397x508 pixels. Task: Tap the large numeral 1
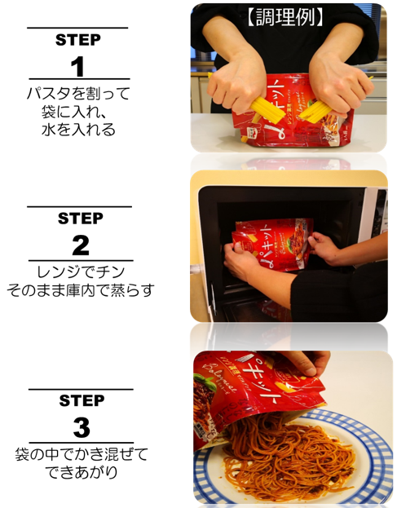coord(78,66)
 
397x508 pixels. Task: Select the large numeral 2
coord(80,245)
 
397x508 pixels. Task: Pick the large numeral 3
coord(80,427)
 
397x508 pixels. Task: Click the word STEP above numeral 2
coord(80,219)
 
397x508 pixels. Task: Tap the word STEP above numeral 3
coord(81,401)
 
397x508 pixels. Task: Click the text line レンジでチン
coord(80,271)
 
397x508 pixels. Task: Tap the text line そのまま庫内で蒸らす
coord(80,289)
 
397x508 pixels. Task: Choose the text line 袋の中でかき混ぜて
coord(81,453)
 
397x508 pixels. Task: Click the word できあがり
coord(81,472)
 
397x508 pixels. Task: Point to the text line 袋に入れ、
coord(76,111)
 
